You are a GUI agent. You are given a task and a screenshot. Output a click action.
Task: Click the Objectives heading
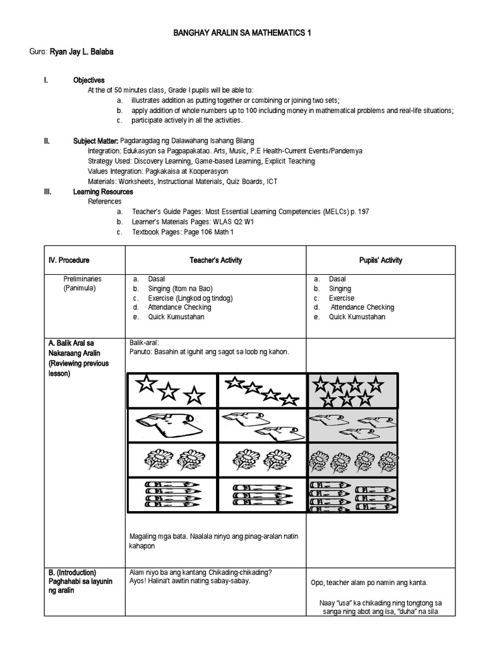[x=89, y=80]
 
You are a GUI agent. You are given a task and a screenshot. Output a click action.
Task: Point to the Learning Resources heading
[x=103, y=191]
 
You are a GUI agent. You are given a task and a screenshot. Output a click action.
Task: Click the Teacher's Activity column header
[x=216, y=260]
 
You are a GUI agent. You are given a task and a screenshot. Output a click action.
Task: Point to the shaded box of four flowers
[x=352, y=460]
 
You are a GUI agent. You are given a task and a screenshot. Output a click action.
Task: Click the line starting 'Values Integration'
[x=158, y=171]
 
